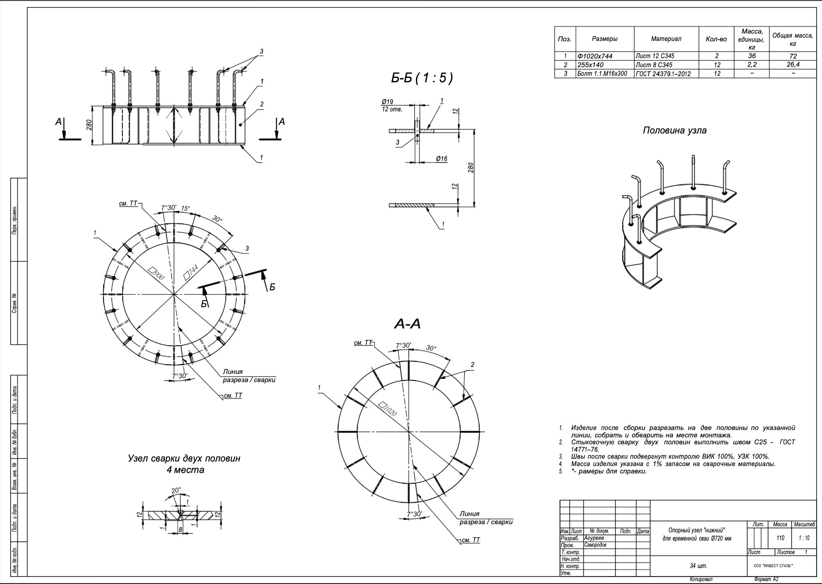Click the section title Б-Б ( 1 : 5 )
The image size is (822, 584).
point(422,78)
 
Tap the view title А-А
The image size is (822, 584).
point(407,324)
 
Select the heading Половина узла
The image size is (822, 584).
point(674,131)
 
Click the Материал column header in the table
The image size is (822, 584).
point(666,39)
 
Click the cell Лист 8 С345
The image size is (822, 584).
point(654,65)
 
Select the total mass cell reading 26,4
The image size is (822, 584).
point(793,65)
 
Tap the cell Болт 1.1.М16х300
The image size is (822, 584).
point(602,74)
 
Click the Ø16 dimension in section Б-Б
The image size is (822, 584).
point(441,158)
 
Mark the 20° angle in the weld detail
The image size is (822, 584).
point(176,490)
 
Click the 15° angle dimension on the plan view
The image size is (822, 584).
point(186,208)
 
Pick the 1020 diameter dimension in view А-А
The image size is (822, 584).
point(388,409)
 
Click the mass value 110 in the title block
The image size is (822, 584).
point(780,538)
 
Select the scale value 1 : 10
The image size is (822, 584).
point(804,538)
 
